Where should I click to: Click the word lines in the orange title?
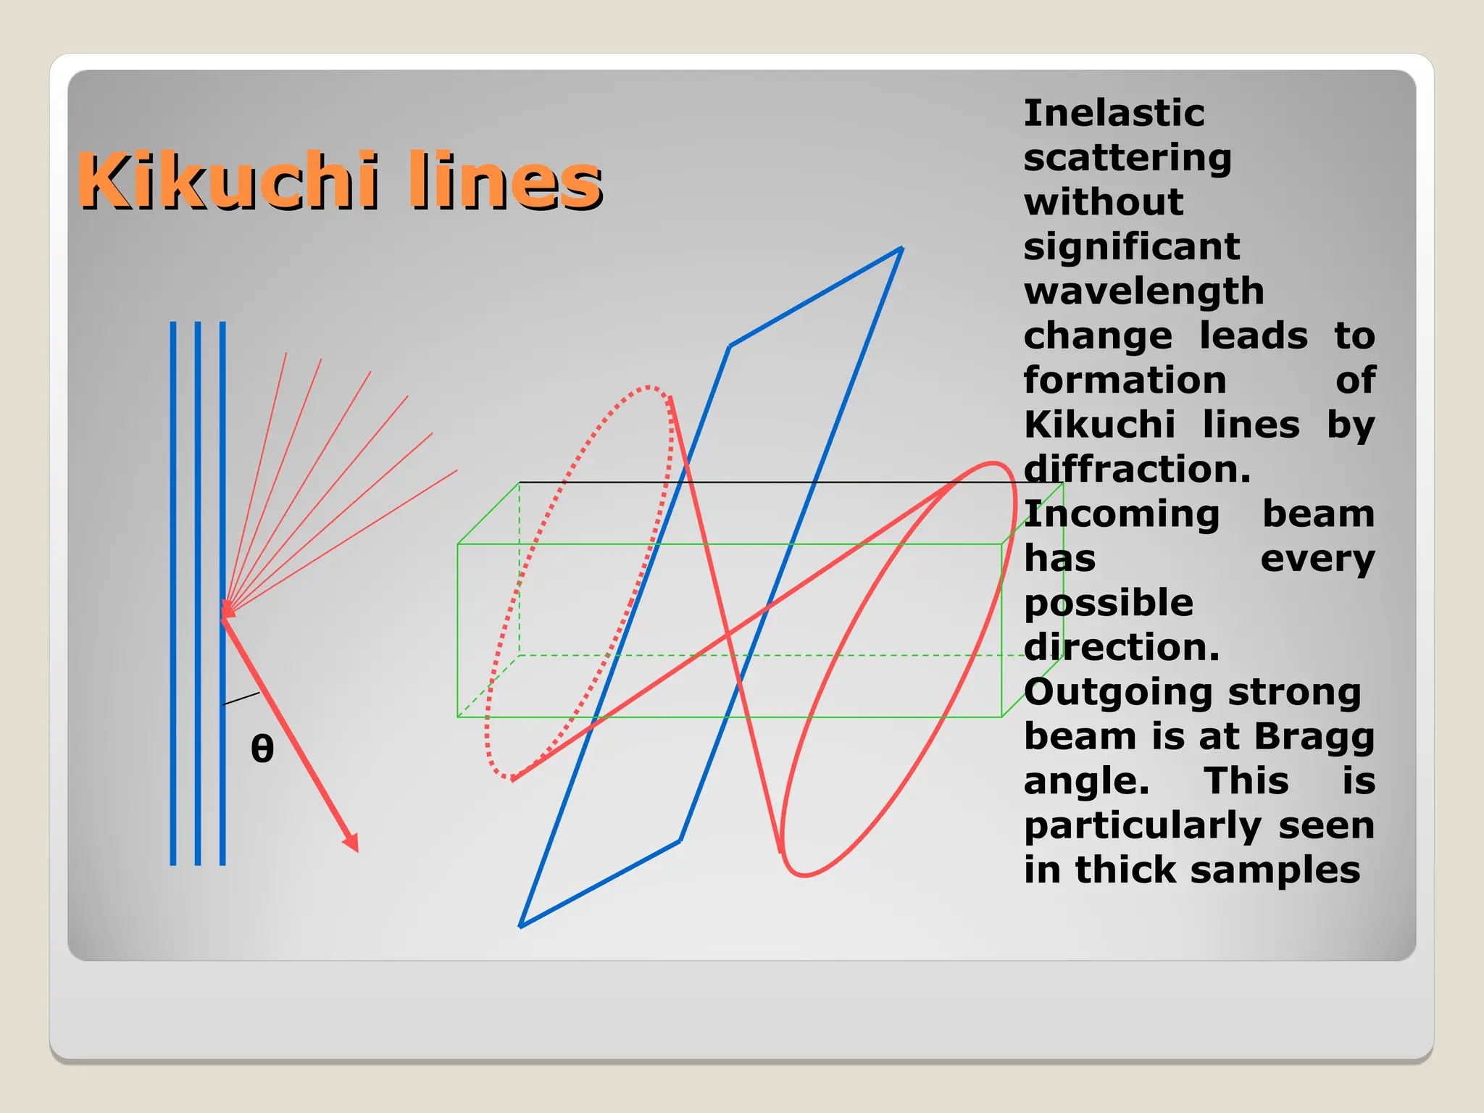(x=505, y=181)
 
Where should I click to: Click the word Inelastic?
(x=1114, y=114)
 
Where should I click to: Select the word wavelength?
(x=1143, y=292)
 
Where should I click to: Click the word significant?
(x=1131, y=247)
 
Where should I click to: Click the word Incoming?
(x=1122, y=514)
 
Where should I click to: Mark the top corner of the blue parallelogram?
(x=901, y=249)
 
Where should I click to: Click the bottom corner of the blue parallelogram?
(x=521, y=925)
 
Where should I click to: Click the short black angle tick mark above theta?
(x=241, y=699)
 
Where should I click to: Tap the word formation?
(x=1125, y=381)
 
